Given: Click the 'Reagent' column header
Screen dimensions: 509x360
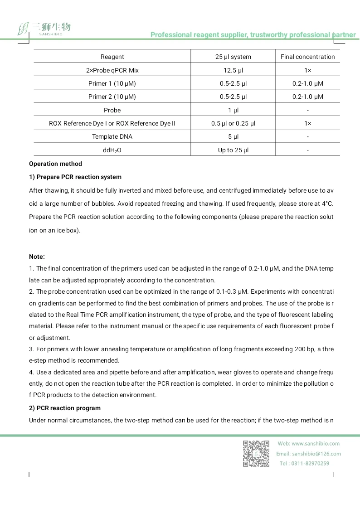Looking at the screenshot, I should click(112, 57).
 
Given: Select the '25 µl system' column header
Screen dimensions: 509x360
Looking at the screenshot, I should click(233, 57).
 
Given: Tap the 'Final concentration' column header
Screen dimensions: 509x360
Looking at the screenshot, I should click(307, 57).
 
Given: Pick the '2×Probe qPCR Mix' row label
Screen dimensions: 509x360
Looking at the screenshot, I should click(112, 70).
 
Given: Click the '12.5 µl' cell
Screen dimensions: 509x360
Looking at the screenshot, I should click(233, 70).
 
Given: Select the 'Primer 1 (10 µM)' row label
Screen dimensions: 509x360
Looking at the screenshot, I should click(112, 83).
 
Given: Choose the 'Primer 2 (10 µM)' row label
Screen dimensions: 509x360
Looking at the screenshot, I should click(112, 97).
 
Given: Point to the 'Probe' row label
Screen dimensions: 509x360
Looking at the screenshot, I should click(112, 110).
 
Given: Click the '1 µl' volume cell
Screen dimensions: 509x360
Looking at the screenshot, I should click(233, 110).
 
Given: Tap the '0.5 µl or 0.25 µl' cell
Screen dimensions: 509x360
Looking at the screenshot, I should click(233, 123).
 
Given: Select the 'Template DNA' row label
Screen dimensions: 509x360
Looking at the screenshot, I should click(112, 136).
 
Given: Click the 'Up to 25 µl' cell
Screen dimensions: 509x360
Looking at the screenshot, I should click(233, 150).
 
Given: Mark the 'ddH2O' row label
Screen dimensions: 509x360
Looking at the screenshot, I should click(112, 150).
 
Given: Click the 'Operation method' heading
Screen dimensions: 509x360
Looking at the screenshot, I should click(55, 164).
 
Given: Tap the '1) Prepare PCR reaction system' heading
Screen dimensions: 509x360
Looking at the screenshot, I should click(75, 177).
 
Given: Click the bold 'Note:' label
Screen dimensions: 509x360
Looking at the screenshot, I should click(37, 257).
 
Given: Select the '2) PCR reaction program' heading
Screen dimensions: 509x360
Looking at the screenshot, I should click(65, 408).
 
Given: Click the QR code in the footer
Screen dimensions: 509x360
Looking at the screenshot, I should click(256, 453).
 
